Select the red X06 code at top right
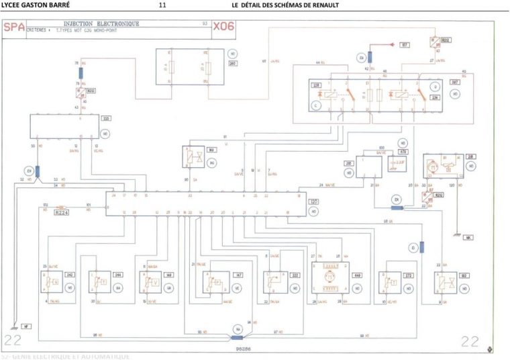[x=225, y=28]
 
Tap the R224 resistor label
[x=62, y=211]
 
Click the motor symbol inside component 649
[x=329, y=275]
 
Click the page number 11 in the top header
[x=162, y=5]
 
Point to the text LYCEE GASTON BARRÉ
[x=32, y=5]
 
